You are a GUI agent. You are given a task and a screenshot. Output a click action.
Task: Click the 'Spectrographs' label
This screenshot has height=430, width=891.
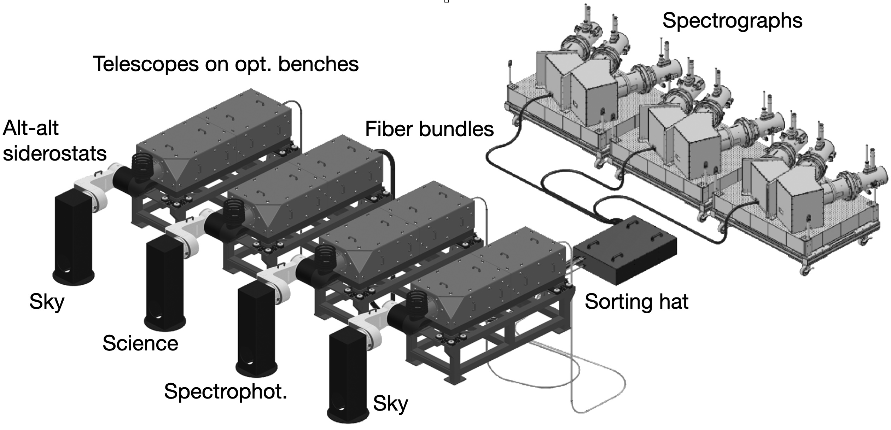point(732,21)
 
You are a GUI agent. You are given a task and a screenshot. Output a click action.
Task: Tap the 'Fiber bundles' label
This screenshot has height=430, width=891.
point(429,129)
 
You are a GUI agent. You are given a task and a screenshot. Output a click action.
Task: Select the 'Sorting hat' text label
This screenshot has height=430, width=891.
point(636,302)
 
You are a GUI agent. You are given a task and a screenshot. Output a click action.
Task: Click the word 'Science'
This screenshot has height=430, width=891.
point(140,343)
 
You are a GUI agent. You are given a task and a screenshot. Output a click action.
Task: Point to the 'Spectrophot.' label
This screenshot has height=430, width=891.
point(226,391)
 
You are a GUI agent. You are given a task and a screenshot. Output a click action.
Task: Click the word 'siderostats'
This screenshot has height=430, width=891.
point(55,154)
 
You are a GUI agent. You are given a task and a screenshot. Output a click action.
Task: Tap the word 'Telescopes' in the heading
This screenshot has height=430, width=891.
point(146,64)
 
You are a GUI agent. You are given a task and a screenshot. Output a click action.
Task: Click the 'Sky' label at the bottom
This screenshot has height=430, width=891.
point(390,403)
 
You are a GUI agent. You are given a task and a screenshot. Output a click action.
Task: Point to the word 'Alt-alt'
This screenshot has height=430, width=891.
point(30,128)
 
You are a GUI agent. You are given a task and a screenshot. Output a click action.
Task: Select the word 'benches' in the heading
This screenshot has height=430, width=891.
point(318,64)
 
